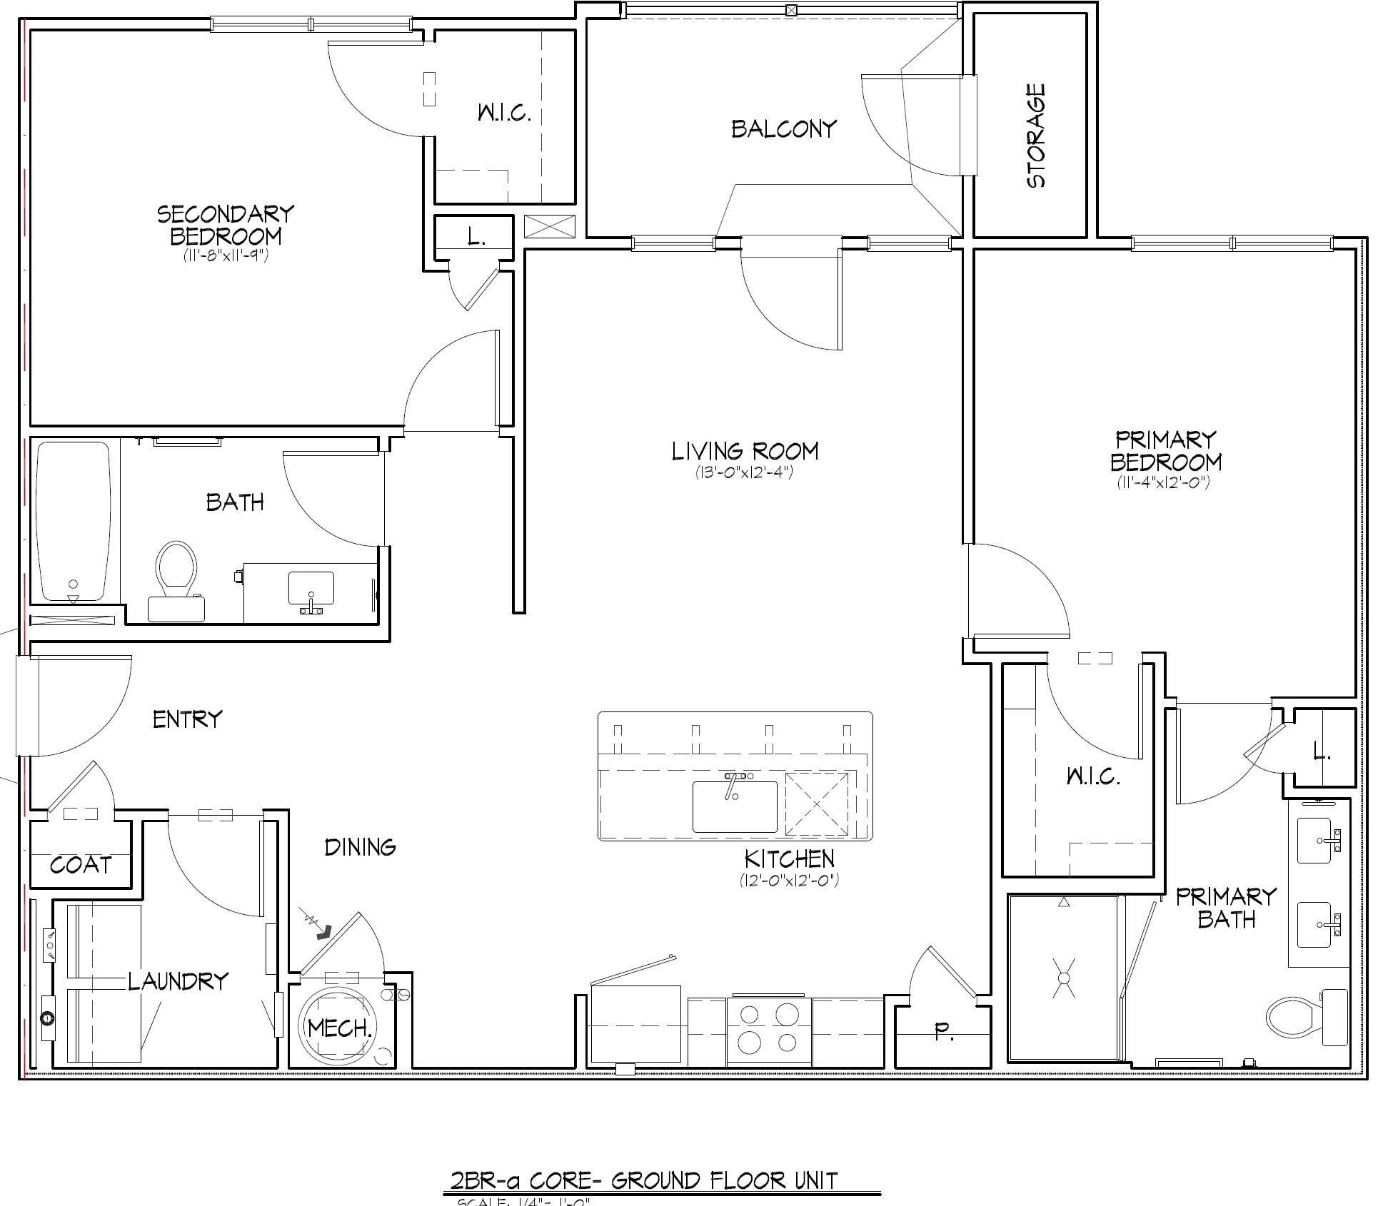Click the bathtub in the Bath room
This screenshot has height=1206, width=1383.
[x=74, y=522]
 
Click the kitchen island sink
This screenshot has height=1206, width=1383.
[x=735, y=806]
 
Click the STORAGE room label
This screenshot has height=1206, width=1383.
[x=1036, y=136]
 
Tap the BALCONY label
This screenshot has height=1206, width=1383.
[x=783, y=129]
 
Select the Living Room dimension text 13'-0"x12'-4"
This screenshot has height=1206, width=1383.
[x=744, y=472]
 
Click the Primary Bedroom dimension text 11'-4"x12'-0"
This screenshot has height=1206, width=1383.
[x=1163, y=483]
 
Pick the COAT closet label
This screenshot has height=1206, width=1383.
[x=81, y=865]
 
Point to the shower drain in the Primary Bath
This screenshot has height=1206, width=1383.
[x=1064, y=978]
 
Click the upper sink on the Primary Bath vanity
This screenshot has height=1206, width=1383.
[x=1314, y=841]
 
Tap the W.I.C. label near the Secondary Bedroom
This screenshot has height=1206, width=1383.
[x=504, y=113]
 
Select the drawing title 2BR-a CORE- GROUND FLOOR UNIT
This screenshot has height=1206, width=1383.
[x=643, y=1180]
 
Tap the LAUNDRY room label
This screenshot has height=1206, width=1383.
[x=178, y=981]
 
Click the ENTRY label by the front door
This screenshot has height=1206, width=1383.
[x=187, y=719]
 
